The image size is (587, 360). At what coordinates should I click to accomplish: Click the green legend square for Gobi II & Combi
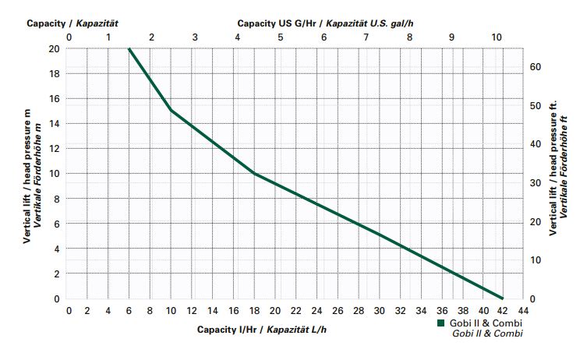click(x=440, y=323)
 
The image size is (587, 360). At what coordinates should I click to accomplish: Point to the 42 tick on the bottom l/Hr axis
click(x=503, y=310)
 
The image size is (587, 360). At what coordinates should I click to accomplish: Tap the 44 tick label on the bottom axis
click(x=523, y=310)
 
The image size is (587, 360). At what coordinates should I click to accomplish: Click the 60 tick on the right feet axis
click(x=534, y=67)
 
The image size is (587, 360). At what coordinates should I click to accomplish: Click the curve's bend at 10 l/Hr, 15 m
click(x=172, y=111)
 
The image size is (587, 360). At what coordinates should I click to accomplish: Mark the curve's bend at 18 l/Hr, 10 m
click(x=254, y=173)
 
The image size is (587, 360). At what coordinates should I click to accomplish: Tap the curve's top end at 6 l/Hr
click(x=130, y=48)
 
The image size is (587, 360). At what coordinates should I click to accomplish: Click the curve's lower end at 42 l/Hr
click(x=503, y=298)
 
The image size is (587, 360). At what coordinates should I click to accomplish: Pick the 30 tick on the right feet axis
click(x=534, y=183)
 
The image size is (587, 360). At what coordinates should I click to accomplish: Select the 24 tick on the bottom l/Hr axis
click(x=316, y=310)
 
